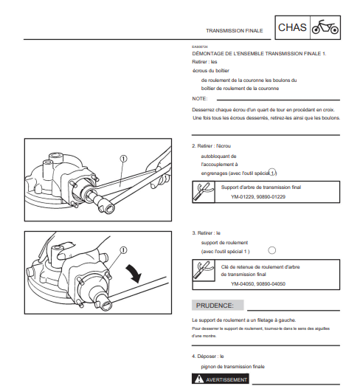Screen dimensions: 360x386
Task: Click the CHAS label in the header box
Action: (x=292, y=27)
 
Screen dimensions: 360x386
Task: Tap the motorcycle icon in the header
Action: (x=325, y=27)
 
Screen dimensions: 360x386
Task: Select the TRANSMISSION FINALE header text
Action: (x=235, y=31)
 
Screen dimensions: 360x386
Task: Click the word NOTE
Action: (x=200, y=99)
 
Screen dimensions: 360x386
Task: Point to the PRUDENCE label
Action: (x=215, y=306)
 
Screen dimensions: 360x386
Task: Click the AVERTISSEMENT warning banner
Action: (x=221, y=379)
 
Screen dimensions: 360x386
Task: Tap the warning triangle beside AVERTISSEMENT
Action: (x=199, y=379)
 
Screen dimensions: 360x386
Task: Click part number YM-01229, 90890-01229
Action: (x=258, y=197)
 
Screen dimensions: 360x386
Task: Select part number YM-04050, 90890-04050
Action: (x=258, y=284)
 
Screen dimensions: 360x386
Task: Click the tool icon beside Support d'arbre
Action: (x=204, y=192)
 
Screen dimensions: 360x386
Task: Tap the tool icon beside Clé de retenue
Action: (x=204, y=270)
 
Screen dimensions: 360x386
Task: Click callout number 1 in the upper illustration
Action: (x=123, y=159)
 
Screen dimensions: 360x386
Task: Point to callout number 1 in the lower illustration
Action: (x=123, y=250)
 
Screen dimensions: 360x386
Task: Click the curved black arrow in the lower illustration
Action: (x=135, y=273)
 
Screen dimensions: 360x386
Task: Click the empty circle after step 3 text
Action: (x=272, y=250)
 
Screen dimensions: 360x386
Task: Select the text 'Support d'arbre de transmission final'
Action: (x=261, y=187)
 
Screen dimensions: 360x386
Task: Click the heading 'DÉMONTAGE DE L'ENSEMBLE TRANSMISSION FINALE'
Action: (x=257, y=54)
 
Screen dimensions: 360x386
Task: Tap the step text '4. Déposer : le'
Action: (x=208, y=356)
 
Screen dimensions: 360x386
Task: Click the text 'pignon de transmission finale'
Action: (x=233, y=367)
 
